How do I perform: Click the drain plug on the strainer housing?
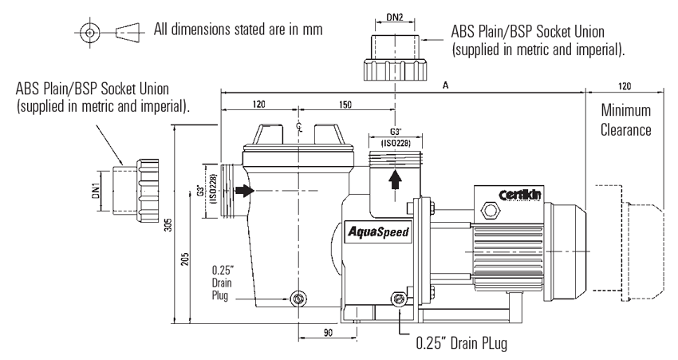299,299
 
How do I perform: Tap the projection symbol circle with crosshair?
90,34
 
